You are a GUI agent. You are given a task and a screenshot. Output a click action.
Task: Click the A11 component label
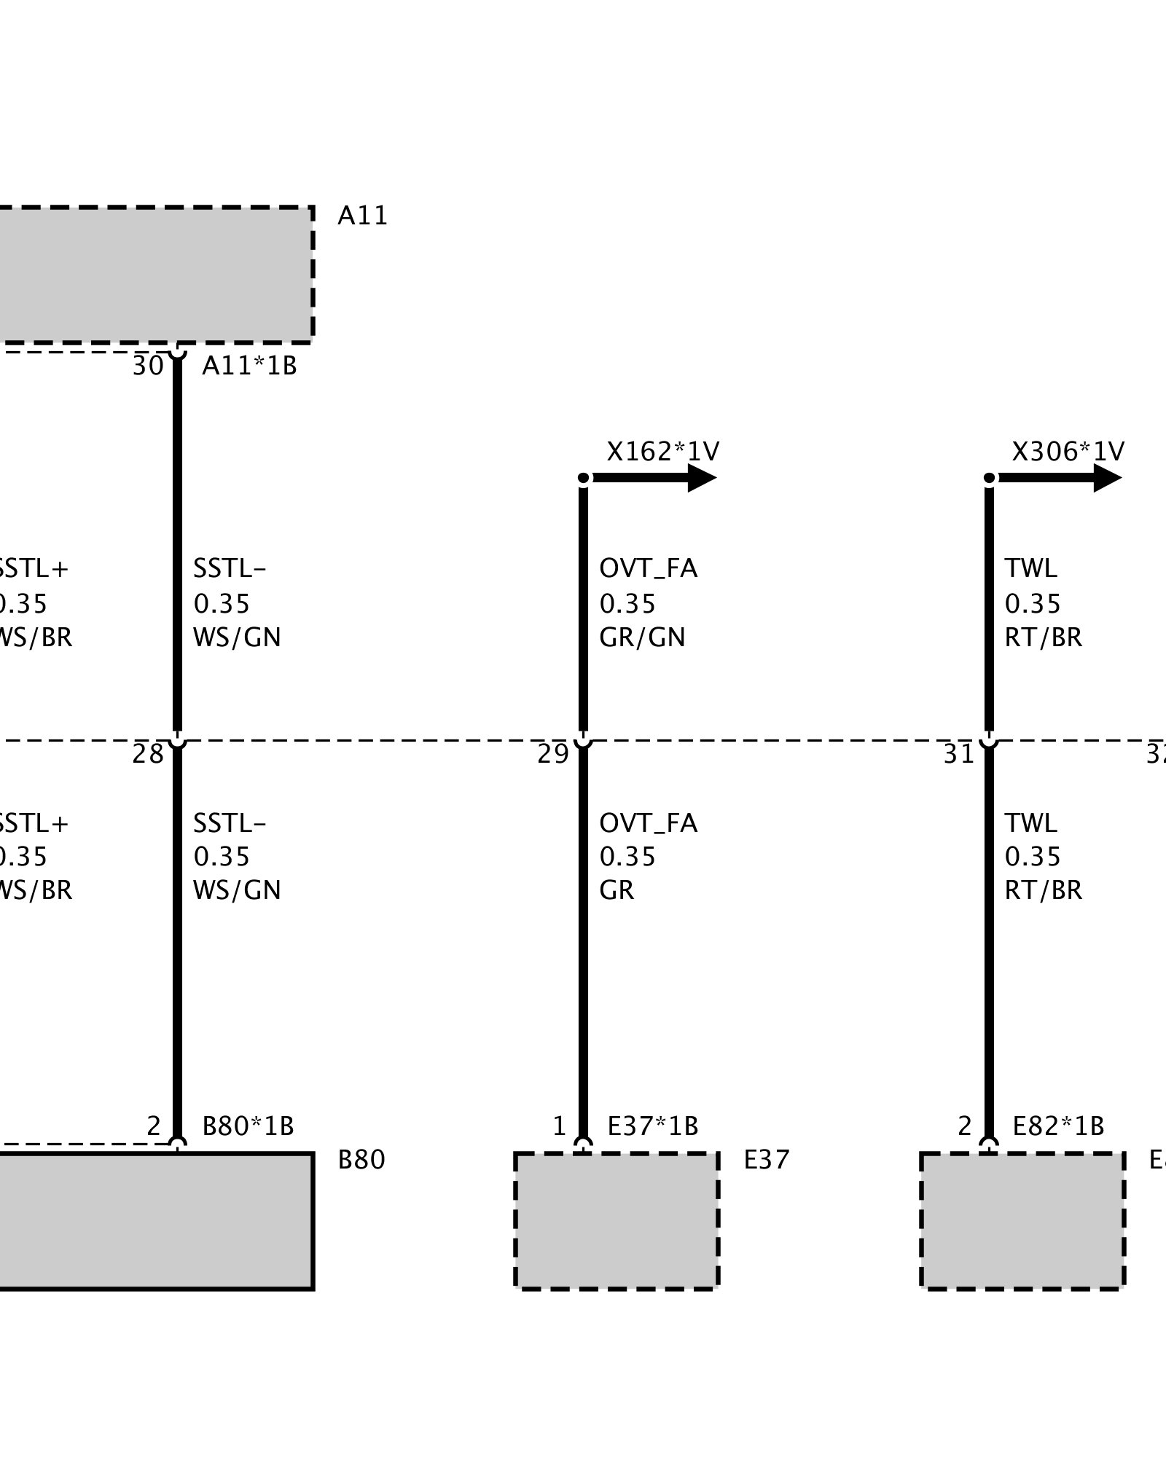pos(362,216)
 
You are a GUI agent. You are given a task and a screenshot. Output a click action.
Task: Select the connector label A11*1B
pos(249,366)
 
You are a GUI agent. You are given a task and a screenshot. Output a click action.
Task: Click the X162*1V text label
pos(662,452)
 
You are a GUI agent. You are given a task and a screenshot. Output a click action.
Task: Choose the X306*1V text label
pos(1068,452)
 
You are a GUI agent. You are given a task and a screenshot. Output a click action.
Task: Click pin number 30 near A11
pos(148,366)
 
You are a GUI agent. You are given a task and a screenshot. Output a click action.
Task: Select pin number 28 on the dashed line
pos(148,754)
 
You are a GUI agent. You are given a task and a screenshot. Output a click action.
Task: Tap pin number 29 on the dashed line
pos(552,754)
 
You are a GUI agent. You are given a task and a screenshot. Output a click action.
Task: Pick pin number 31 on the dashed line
pos(958,754)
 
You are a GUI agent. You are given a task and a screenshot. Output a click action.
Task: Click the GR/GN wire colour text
pos(642,637)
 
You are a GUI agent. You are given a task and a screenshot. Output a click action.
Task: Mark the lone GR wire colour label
pos(617,890)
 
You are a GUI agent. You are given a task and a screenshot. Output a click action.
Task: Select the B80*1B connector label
pos(248,1126)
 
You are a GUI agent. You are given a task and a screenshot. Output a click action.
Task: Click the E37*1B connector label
pos(653,1126)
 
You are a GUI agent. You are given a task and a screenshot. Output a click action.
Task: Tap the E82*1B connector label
pos(1058,1126)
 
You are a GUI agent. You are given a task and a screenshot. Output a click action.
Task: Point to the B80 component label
pos(361,1160)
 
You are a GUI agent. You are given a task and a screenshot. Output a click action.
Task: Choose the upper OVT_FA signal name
pos(648,568)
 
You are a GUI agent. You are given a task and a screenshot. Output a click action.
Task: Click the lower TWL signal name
pos(1030,823)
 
